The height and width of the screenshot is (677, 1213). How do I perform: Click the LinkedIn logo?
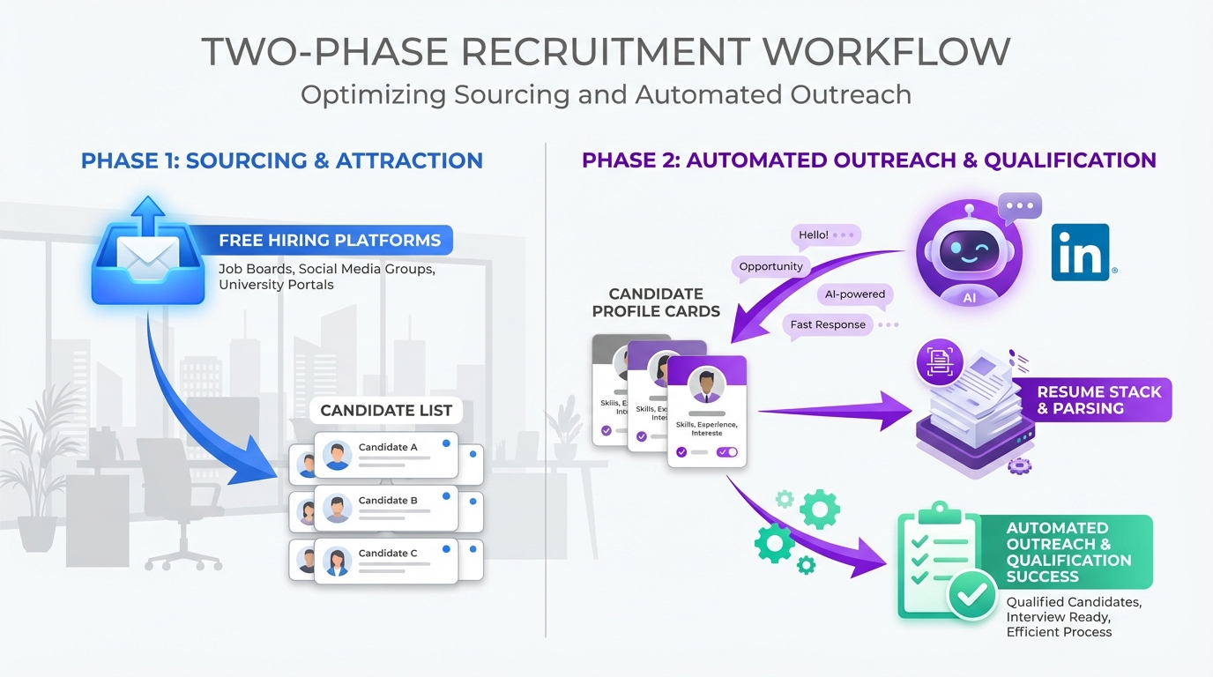click(x=1081, y=252)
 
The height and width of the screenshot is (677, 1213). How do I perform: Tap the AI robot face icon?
click(x=969, y=250)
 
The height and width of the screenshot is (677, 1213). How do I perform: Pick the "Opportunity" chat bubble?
click(x=770, y=266)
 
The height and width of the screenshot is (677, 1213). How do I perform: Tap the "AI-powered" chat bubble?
click(x=855, y=294)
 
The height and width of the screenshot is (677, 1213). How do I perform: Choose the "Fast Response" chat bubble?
click(x=828, y=324)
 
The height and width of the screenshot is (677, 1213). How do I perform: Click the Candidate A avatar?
click(x=337, y=455)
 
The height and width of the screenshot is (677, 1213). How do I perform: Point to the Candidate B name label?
click(x=388, y=501)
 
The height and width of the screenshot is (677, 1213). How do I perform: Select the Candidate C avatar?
click(x=337, y=561)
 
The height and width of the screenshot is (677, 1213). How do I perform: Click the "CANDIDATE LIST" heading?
click(x=386, y=410)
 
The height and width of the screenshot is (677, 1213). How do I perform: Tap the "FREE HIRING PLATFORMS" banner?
click(x=330, y=240)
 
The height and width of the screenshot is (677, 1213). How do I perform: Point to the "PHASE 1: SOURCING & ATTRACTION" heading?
click(x=282, y=161)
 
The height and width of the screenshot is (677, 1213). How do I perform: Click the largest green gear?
click(x=819, y=509)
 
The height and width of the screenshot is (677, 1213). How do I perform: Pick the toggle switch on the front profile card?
click(x=727, y=452)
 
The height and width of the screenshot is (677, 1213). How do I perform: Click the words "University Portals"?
click(x=276, y=285)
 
